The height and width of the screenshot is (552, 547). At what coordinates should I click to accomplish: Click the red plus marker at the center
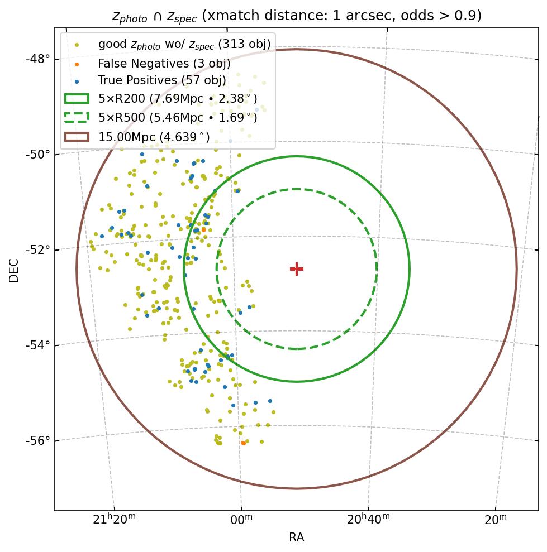coord(297,269)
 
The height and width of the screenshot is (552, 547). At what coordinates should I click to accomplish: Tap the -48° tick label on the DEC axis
coord(38,59)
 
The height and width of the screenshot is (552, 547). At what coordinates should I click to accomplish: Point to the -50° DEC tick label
coord(38,154)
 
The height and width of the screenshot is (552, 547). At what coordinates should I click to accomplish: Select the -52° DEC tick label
coord(38,249)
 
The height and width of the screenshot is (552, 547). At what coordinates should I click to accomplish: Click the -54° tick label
coord(38,345)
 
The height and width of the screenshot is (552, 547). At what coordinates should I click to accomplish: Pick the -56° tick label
coord(38,441)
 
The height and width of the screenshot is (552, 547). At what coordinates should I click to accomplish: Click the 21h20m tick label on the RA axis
coord(114,520)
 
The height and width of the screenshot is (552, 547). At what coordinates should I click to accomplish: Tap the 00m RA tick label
coord(241,520)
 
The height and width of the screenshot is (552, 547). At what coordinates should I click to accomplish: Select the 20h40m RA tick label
coord(368,520)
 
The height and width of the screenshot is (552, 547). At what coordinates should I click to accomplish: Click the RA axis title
coord(297,538)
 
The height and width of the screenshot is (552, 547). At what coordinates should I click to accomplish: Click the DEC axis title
coord(14,270)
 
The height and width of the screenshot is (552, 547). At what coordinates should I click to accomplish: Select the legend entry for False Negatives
coord(164,63)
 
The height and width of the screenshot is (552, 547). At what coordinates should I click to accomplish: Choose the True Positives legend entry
coord(162,81)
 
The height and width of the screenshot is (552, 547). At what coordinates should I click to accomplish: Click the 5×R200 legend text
coord(178,99)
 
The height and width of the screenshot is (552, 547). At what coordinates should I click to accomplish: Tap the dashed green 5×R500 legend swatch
coord(77,117)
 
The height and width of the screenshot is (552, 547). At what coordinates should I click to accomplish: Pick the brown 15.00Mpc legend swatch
coord(77,136)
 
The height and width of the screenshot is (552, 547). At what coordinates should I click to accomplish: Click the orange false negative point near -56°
coord(243,443)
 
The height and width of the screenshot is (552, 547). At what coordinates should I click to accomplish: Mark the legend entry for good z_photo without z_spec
coord(184,44)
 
